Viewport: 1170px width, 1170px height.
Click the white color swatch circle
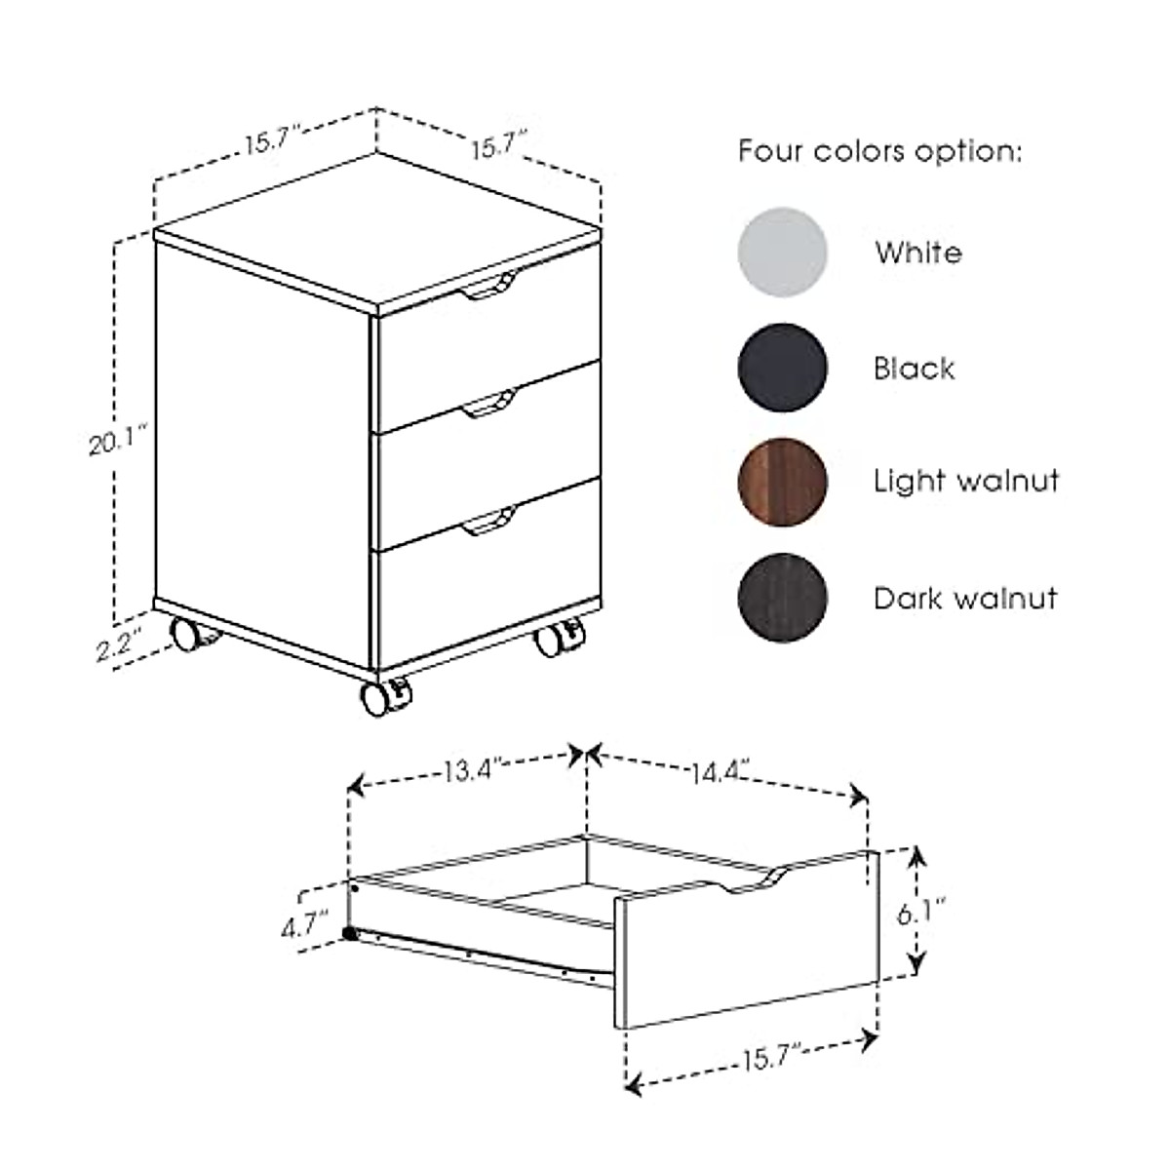(783, 253)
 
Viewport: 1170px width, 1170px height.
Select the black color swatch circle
(783, 368)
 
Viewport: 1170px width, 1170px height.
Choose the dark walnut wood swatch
(783, 597)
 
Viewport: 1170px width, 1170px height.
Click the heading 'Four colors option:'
(879, 152)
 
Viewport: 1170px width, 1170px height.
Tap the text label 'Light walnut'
(965, 482)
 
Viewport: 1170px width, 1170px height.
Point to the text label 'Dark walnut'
(965, 598)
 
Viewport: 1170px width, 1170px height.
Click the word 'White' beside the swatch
(917, 253)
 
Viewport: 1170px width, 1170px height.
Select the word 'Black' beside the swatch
(914, 369)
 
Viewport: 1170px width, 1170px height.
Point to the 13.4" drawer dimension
(472, 771)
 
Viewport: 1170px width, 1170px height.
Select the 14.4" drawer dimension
(721, 774)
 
